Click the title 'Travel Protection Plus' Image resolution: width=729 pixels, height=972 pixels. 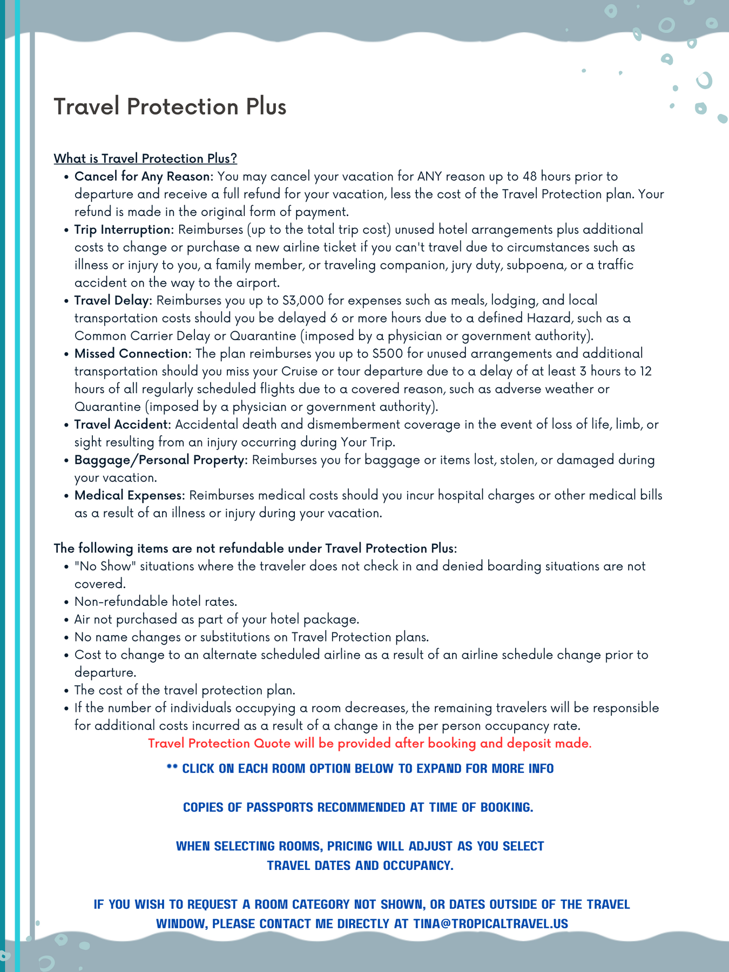170,106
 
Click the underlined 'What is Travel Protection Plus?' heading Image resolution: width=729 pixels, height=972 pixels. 145,158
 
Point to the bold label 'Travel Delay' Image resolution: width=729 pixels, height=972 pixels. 113,300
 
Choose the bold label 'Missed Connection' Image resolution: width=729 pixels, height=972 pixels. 132,353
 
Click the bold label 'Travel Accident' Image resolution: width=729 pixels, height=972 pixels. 122,424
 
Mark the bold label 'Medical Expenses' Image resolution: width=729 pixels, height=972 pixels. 129,495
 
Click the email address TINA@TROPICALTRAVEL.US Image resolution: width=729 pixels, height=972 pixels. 491,923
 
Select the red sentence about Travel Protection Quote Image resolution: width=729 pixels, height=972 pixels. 370,744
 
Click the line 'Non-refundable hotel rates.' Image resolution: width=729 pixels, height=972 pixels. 156,602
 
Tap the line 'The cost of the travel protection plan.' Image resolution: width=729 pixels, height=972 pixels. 185,690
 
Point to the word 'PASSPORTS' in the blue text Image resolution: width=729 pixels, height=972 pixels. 280,807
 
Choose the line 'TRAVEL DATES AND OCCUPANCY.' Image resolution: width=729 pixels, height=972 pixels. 360,865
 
